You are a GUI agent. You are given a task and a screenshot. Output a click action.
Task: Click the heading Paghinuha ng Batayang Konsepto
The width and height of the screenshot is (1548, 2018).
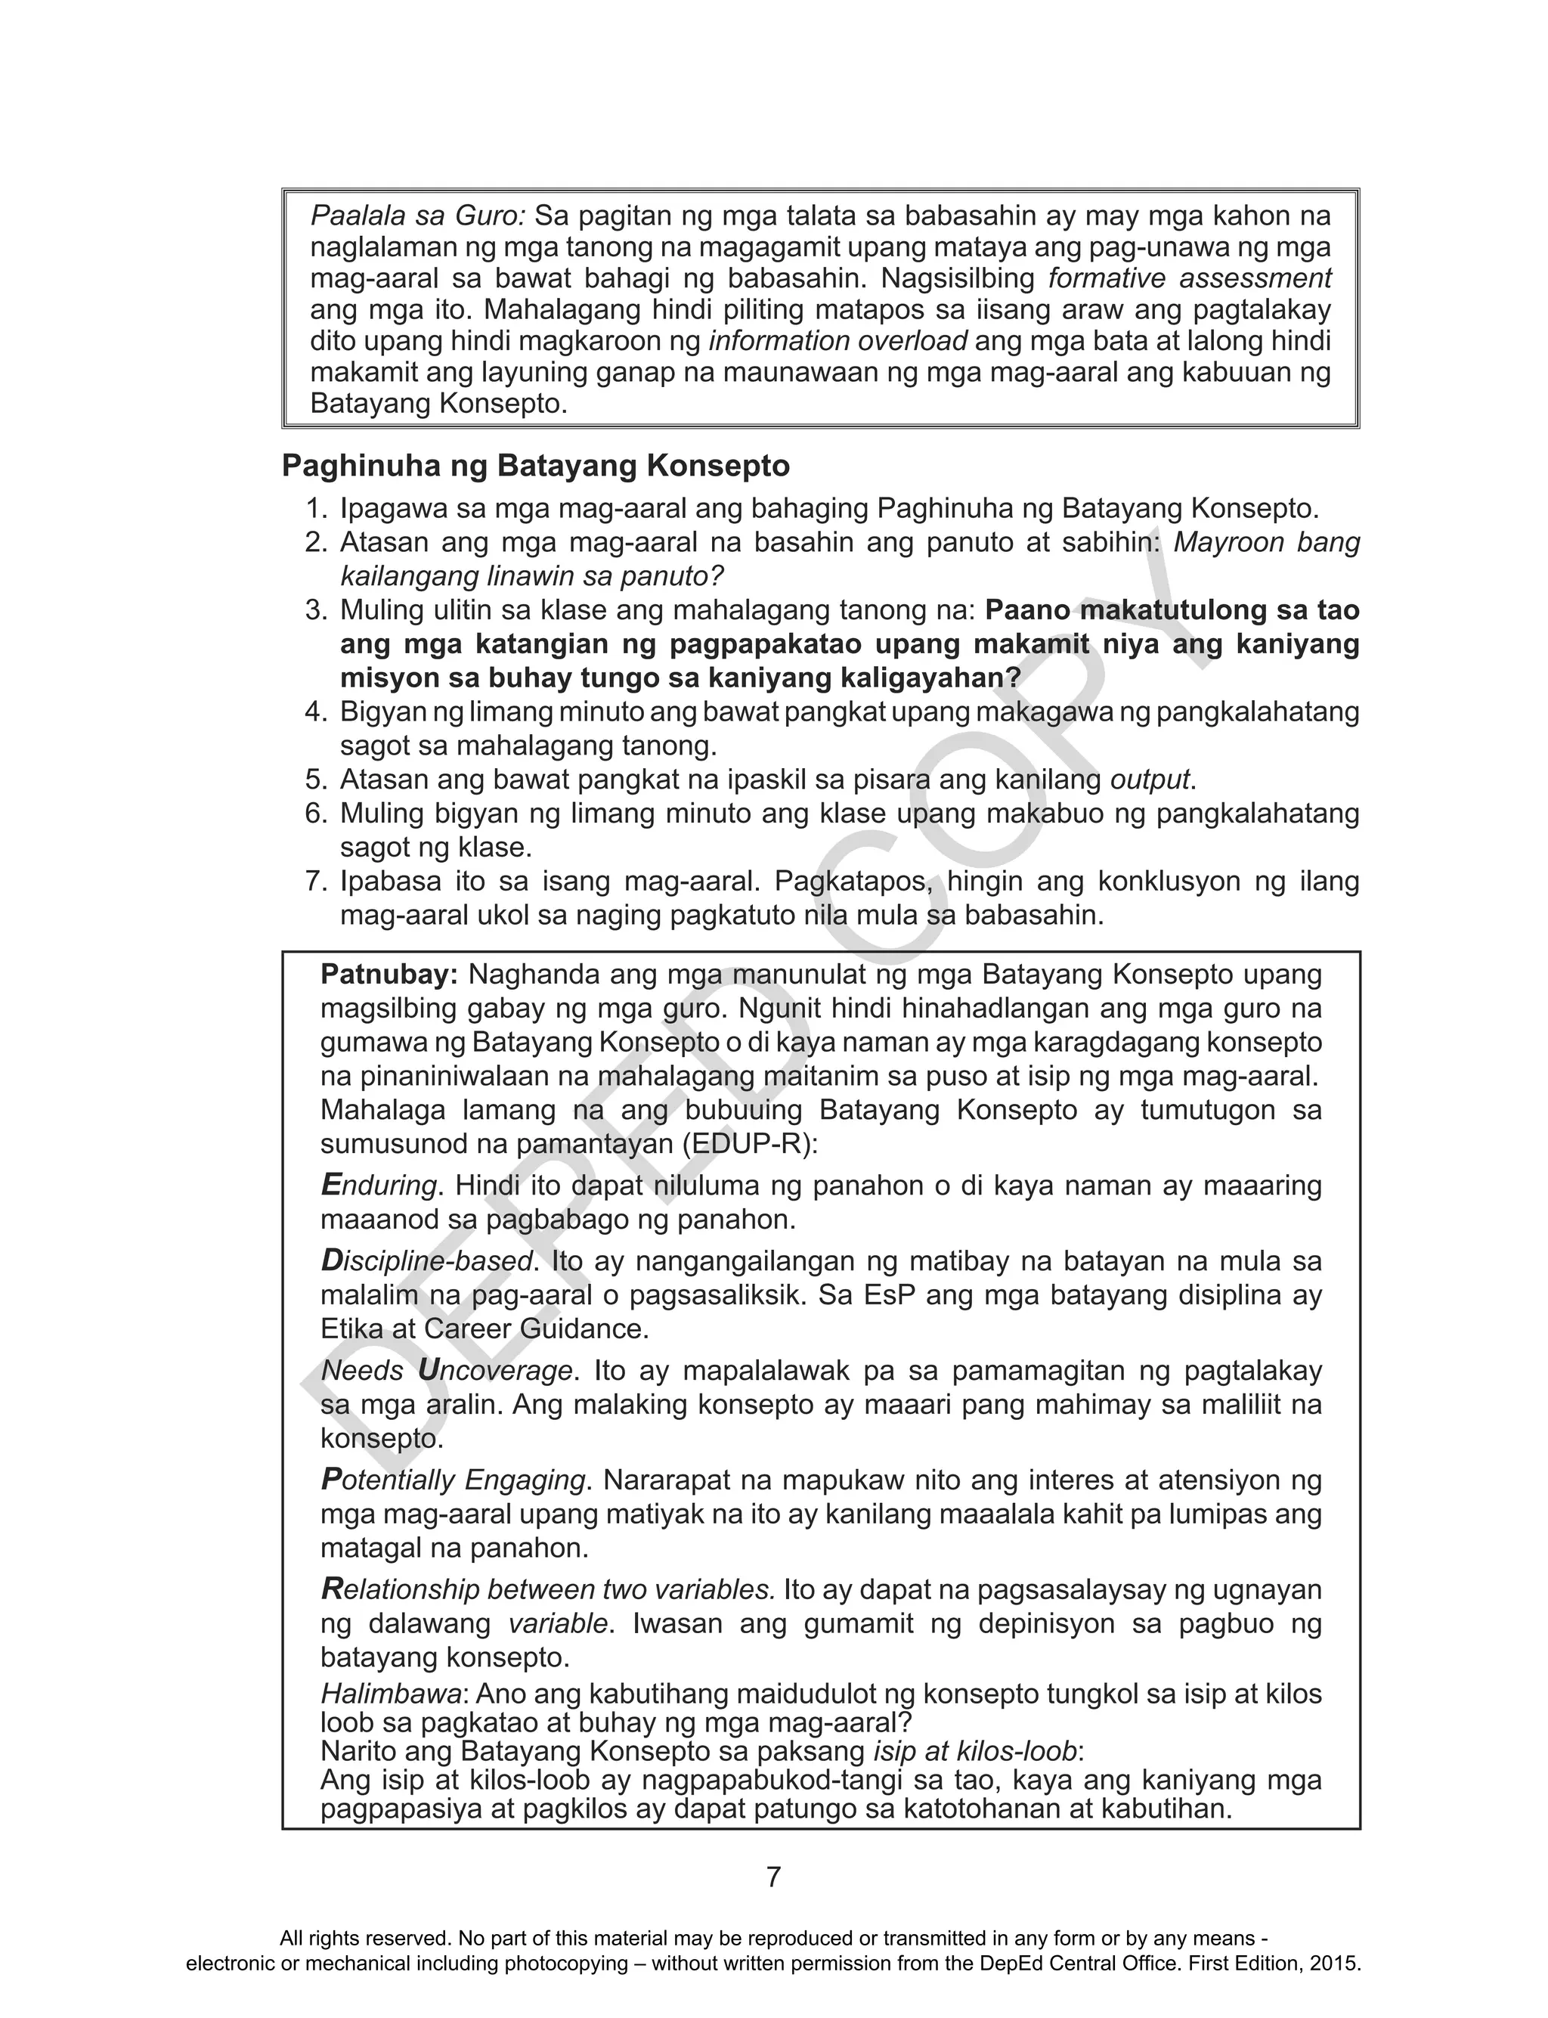pos(535,467)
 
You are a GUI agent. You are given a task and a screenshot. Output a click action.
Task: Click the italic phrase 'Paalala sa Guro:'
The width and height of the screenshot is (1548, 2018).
pos(417,216)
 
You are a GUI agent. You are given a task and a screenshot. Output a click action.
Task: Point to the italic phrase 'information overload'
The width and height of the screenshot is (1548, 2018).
pos(837,341)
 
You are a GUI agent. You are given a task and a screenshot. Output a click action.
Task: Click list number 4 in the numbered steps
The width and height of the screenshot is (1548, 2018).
pos(315,712)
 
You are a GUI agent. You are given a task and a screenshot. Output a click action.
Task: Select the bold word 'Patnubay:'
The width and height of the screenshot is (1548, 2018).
pos(389,974)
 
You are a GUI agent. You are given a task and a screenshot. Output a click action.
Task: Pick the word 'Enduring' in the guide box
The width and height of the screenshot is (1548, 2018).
pos(378,1185)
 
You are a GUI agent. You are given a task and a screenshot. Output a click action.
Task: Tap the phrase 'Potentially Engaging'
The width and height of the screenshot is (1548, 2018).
pos(454,1480)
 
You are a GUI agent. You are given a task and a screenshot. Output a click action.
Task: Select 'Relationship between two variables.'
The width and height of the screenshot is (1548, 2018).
pos(547,1589)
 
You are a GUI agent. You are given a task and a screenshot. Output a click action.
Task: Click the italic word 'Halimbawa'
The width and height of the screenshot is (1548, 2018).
pos(391,1694)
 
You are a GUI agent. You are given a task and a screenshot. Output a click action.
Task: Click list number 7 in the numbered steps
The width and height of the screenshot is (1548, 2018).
pos(315,882)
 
